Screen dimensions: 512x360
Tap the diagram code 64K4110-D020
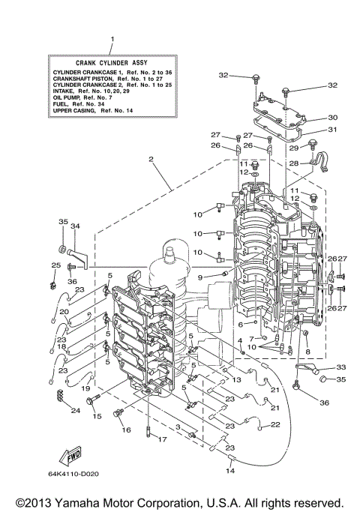[x=78, y=473]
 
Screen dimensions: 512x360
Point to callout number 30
[x=333, y=117]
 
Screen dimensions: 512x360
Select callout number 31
[x=333, y=129]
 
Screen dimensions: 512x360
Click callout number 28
[x=294, y=163]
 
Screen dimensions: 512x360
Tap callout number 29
[x=294, y=148]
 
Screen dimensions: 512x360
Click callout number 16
[x=126, y=430]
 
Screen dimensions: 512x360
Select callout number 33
[x=340, y=367]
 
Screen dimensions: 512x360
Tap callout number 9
[x=200, y=277]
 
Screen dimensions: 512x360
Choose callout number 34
[x=75, y=226]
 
